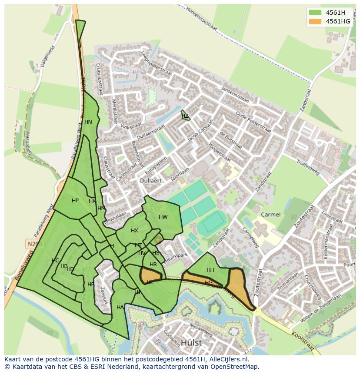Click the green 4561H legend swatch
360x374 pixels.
(x=315, y=12)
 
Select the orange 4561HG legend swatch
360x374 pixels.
(x=315, y=21)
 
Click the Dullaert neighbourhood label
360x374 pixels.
(x=151, y=180)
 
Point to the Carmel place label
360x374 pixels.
(x=271, y=214)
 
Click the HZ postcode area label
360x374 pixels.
(x=185, y=116)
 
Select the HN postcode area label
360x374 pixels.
(x=88, y=122)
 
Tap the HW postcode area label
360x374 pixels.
(x=163, y=217)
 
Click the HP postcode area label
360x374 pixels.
(x=75, y=201)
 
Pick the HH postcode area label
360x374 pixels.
(x=210, y=270)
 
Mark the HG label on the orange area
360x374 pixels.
(x=209, y=283)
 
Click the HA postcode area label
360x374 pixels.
(x=120, y=308)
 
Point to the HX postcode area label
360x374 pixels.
(x=134, y=231)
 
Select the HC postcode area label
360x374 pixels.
(x=55, y=261)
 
